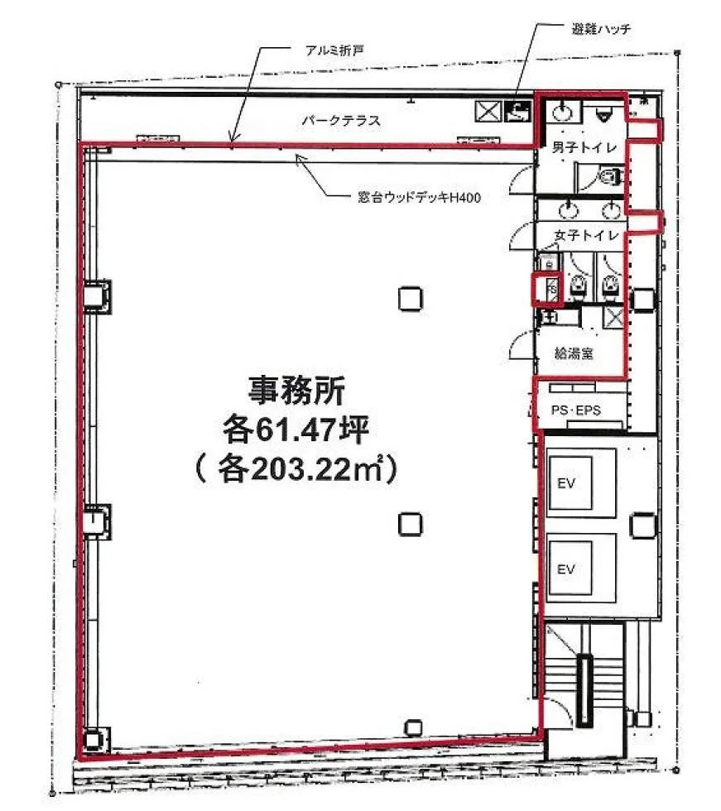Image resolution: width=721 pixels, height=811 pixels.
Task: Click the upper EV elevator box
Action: click(581, 483)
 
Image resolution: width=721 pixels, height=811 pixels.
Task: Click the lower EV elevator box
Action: click(581, 568)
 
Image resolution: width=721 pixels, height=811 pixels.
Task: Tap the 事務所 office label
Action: click(297, 391)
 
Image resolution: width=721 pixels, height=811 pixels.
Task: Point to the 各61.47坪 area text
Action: click(296, 429)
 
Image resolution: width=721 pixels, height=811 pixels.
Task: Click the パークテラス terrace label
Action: click(341, 121)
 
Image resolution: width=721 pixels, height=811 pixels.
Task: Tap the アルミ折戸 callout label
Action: click(334, 50)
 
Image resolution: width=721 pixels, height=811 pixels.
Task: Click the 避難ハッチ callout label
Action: click(601, 28)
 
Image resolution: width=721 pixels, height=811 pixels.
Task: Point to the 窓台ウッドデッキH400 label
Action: click(420, 197)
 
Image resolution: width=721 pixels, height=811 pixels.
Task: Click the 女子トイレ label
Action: click(587, 236)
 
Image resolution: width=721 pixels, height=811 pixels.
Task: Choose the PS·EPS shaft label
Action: click(576, 410)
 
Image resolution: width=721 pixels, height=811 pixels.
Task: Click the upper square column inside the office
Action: click(411, 299)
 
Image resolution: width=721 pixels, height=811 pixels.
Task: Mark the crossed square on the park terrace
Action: click(488, 111)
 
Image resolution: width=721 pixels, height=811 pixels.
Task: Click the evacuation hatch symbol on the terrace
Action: click(518, 111)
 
